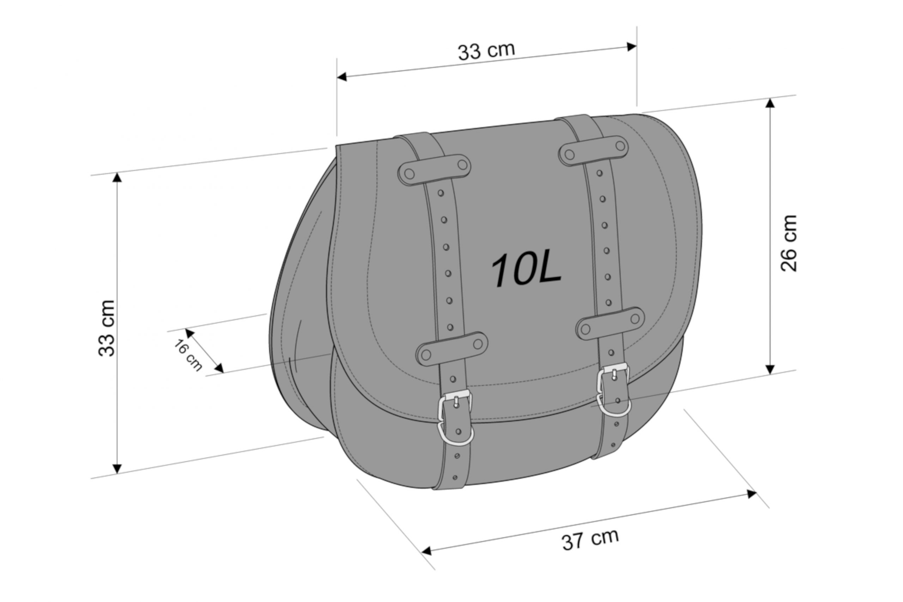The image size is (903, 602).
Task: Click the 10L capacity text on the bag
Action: pos(526,270)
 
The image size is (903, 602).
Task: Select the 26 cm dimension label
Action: pos(789,243)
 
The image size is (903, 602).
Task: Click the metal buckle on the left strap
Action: pos(455,405)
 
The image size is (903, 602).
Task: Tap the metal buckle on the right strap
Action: pos(613,379)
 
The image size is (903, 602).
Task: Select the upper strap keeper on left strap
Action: pos(435,170)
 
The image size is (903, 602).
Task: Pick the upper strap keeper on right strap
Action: pos(594,151)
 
